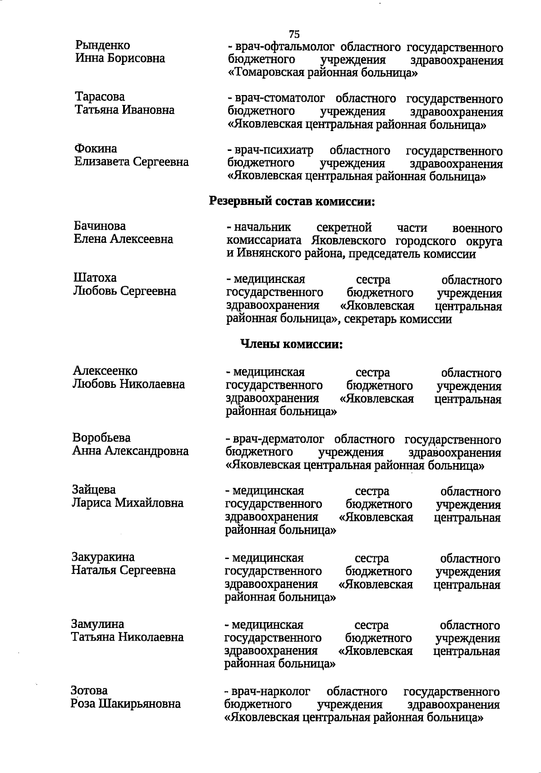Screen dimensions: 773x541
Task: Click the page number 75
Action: click(294, 34)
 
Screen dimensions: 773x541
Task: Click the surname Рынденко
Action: click(103, 45)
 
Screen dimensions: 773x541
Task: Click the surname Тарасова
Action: click(100, 97)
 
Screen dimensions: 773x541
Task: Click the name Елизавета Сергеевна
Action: click(131, 161)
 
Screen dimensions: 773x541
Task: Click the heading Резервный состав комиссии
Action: click(292, 201)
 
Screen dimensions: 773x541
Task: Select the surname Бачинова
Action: click(100, 226)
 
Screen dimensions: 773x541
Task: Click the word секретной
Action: click(344, 228)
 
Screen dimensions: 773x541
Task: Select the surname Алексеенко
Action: click(105, 371)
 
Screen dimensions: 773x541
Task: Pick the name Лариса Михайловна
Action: click(128, 503)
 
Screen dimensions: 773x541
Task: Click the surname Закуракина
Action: click(103, 557)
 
